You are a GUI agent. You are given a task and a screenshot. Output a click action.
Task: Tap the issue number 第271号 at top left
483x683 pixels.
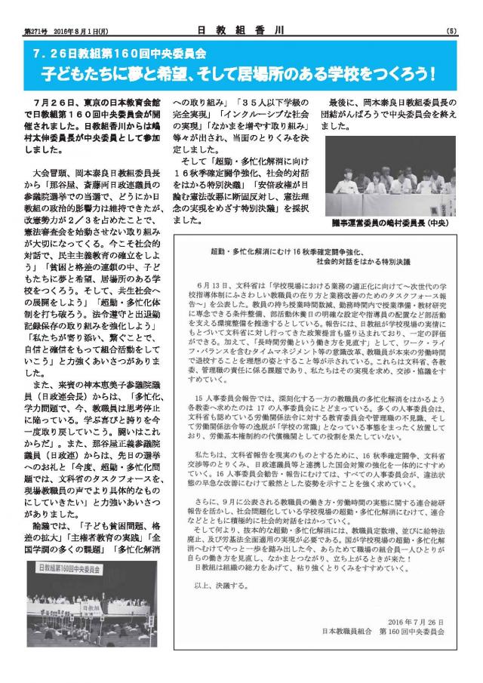pyautogui.click(x=35, y=31)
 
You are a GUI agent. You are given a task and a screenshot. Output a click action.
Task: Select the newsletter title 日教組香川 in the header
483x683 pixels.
pyautogui.click(x=241, y=29)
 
